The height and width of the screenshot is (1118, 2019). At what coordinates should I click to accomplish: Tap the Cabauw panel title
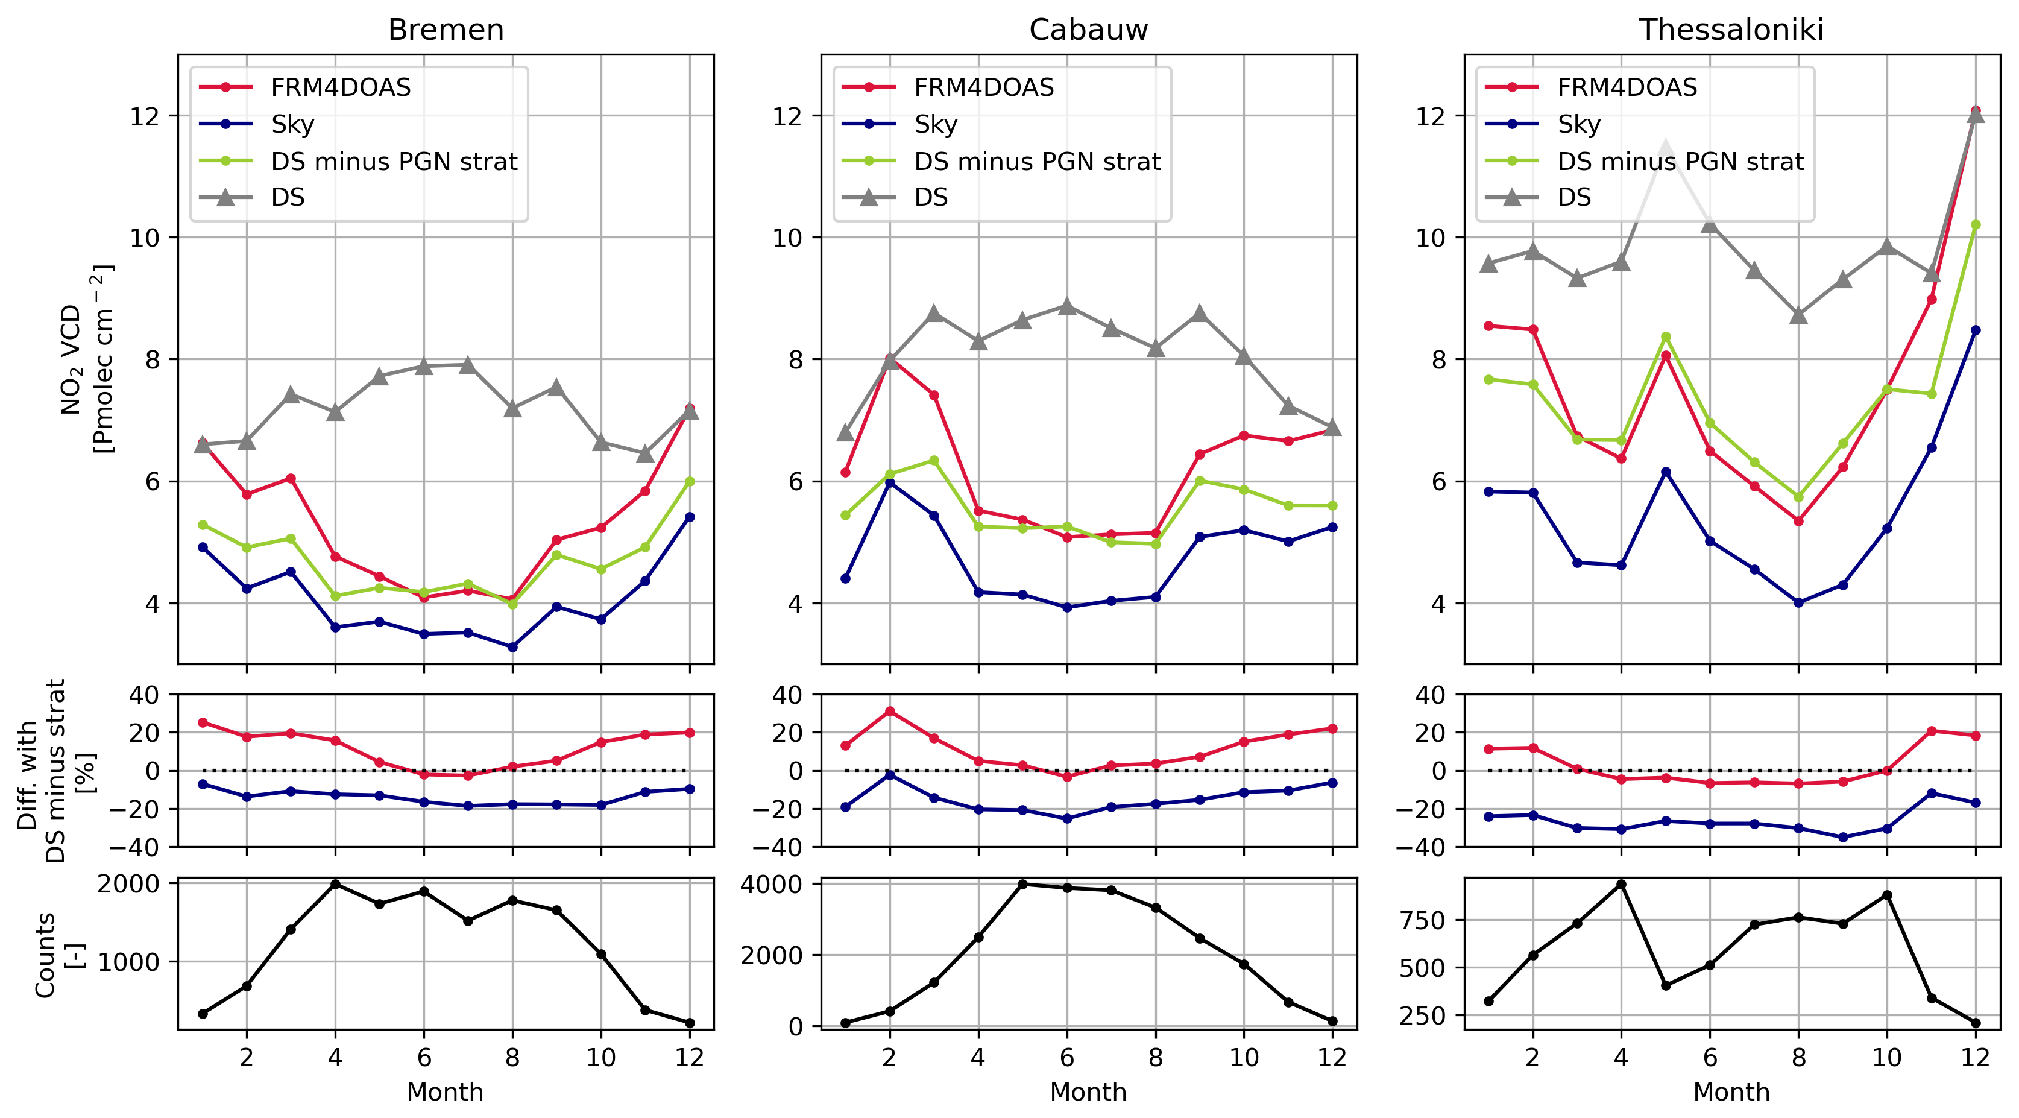[1088, 30]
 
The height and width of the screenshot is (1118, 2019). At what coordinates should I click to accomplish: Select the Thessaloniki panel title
[1731, 30]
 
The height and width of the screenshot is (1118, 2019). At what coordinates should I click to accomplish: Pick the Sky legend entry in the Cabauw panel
[935, 124]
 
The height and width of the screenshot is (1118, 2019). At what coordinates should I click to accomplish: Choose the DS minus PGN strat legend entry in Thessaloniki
[1680, 162]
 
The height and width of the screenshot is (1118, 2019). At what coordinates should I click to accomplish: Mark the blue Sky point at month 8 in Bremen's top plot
[512, 647]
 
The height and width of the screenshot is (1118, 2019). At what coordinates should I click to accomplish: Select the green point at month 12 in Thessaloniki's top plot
[1975, 225]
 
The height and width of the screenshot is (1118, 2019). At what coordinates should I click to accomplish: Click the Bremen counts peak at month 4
[335, 885]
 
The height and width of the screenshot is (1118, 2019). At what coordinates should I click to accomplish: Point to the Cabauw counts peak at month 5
[1022, 885]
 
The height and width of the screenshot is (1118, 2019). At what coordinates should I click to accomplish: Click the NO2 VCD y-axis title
[86, 359]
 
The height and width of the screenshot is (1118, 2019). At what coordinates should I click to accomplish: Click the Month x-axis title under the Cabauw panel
[1088, 1091]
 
